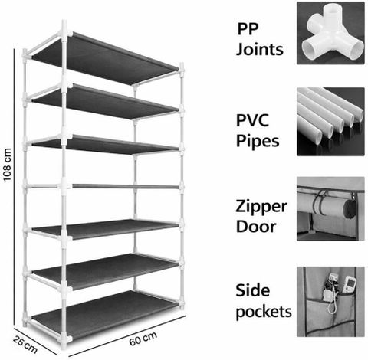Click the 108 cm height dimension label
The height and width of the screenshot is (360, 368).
[7, 165]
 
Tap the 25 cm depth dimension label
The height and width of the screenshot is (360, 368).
[25, 345]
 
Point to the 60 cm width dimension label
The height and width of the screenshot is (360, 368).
[143, 339]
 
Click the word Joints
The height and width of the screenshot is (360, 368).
[260, 50]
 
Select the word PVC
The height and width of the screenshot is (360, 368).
[252, 120]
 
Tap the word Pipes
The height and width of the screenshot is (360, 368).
[258, 142]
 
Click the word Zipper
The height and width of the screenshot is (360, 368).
[261, 207]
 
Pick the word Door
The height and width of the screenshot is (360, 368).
[256, 226]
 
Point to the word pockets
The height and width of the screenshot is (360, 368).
[264, 313]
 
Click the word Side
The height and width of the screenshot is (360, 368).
[253, 290]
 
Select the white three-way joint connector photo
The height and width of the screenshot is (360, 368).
[330, 33]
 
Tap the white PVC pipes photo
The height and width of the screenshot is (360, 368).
[330, 122]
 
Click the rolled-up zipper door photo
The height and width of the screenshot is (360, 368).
[330, 208]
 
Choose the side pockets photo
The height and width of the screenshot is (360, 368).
[330, 302]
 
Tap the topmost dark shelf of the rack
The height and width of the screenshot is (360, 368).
[106, 57]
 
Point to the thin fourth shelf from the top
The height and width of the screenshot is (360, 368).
[125, 187]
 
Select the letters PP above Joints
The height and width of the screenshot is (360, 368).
[248, 29]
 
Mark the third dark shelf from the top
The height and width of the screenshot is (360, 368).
[106, 144]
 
